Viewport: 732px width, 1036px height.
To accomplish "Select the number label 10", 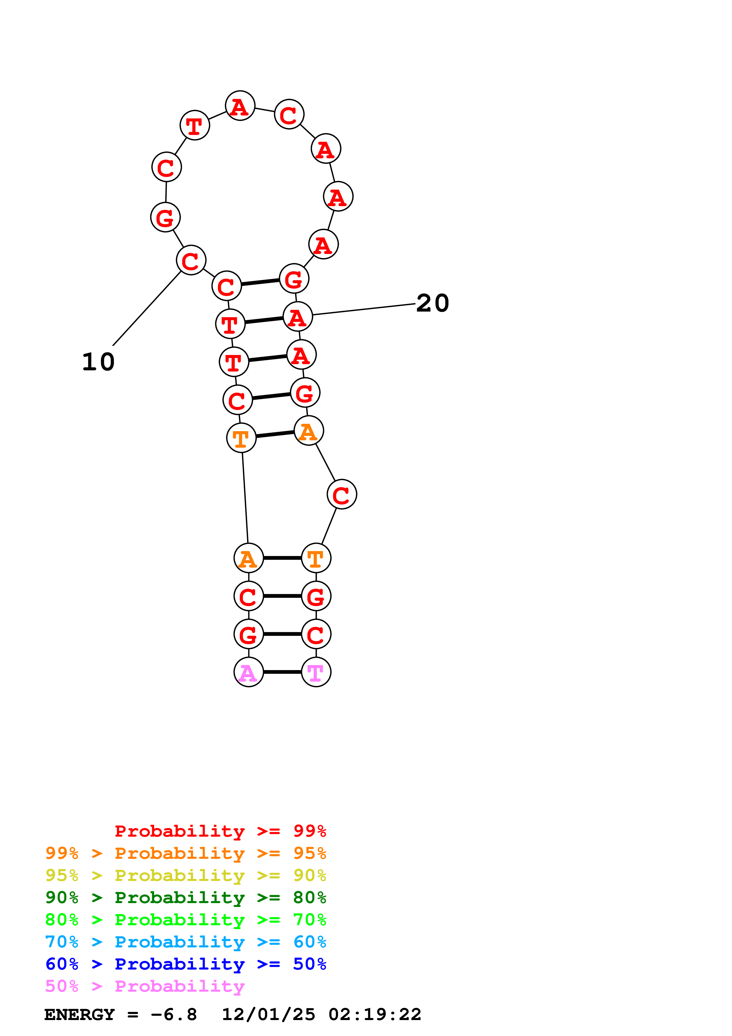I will click(98, 362).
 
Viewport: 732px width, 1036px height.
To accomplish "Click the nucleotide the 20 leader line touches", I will click(298, 316).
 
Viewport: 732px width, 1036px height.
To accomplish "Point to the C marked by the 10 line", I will click(191, 260).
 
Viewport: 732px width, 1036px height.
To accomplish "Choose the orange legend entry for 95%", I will click(186, 853).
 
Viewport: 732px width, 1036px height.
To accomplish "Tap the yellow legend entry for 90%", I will click(186, 875).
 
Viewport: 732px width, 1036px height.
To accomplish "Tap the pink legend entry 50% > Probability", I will click(145, 985).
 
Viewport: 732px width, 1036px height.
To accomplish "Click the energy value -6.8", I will click(174, 1014).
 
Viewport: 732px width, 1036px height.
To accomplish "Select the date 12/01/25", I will click(268, 1014).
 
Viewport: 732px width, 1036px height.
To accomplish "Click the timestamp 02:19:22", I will click(375, 1014).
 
